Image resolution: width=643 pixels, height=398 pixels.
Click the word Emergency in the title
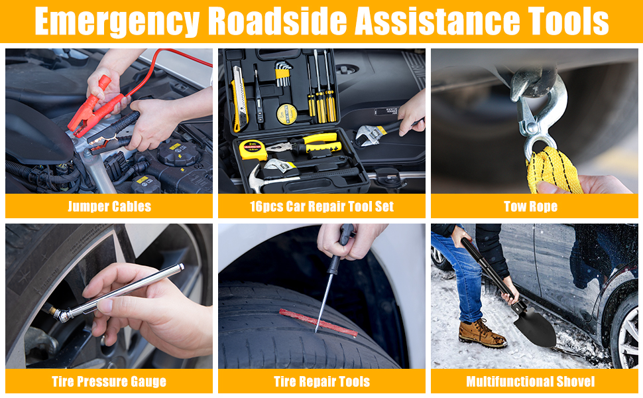tap(117, 21)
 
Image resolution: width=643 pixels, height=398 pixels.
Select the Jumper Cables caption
tap(109, 206)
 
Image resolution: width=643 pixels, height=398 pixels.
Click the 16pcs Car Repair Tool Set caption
tap(322, 206)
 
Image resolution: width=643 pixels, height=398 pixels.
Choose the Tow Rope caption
tap(530, 206)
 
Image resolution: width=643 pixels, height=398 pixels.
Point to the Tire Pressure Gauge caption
tap(109, 381)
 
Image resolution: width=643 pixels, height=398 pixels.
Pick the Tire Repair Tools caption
tap(322, 381)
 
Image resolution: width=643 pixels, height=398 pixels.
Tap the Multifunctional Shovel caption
tap(530, 381)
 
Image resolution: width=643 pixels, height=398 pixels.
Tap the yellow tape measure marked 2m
tap(253, 150)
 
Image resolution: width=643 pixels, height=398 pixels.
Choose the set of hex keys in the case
tap(282, 73)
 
